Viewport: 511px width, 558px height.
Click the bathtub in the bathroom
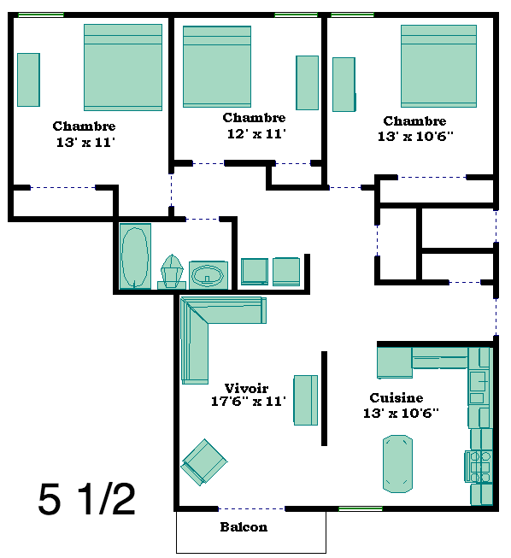(x=135, y=256)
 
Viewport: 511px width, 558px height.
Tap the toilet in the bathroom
(x=172, y=272)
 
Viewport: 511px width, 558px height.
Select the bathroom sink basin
(x=208, y=276)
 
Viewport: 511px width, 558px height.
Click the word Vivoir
(x=246, y=388)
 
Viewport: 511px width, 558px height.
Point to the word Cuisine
(x=396, y=397)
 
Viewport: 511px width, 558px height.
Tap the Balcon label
(x=244, y=526)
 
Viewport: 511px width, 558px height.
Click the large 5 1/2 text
(x=86, y=499)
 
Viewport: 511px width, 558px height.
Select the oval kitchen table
(x=397, y=464)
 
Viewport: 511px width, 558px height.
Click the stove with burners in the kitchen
(x=479, y=467)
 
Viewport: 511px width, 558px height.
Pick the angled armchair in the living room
(x=204, y=462)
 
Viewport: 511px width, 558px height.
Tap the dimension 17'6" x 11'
(x=249, y=402)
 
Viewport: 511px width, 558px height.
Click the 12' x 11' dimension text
(x=256, y=134)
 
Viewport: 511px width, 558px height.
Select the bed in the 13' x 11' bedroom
(x=123, y=68)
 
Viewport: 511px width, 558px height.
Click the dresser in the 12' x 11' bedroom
(x=307, y=83)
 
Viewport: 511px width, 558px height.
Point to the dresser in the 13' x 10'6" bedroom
(x=344, y=85)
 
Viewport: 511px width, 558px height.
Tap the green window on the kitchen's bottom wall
(x=361, y=509)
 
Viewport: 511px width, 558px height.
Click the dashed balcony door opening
(x=251, y=509)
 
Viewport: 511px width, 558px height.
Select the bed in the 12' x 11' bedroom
(x=217, y=67)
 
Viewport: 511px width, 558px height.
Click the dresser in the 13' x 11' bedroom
(x=28, y=79)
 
